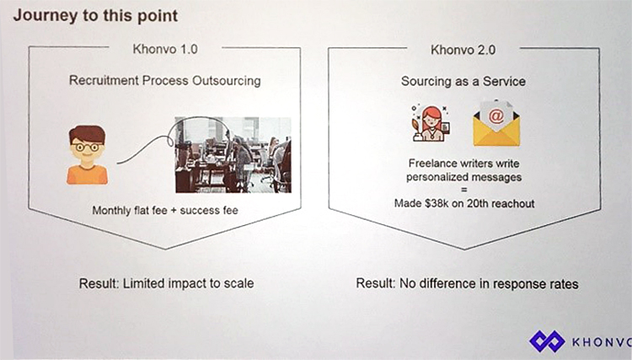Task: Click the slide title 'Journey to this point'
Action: point(95,16)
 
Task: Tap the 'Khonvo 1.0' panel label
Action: point(165,49)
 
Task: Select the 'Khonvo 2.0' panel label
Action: point(463,50)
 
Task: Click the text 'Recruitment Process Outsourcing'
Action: point(165,81)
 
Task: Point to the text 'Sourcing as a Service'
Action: point(463,82)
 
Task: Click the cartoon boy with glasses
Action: point(87,155)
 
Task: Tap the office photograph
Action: point(233,155)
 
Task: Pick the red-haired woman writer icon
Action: point(431,123)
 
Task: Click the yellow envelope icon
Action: point(496,124)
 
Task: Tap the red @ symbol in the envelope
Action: point(496,116)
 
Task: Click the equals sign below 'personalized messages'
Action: point(464,191)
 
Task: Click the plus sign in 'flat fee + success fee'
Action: point(174,211)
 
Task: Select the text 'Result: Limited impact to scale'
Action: point(167,283)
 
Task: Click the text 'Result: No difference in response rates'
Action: point(467,284)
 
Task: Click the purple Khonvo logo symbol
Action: point(547,341)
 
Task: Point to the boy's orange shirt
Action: point(87,175)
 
